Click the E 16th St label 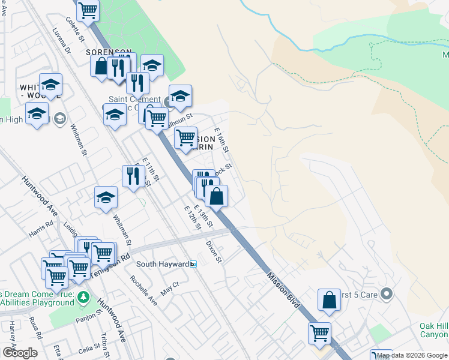[x=222, y=143]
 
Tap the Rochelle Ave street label [x=144, y=290]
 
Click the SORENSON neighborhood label [x=108, y=52]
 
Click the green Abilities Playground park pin [x=83, y=298]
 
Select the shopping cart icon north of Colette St [x=89, y=10]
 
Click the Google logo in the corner [x=19, y=352]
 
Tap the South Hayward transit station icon [x=193, y=264]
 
